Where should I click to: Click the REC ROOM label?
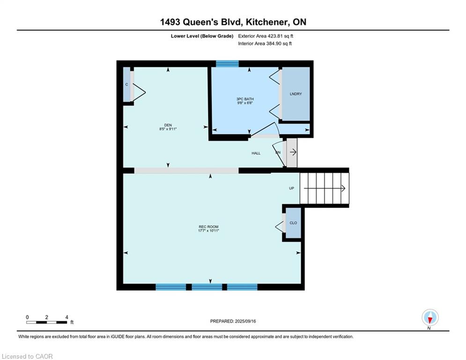point(208,227)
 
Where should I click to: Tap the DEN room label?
point(168,125)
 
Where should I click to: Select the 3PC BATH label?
point(245,99)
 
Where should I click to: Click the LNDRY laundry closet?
point(296,94)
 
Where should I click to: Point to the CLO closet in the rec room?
point(293,223)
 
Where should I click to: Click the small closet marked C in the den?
point(127,84)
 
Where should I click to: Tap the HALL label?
point(256,153)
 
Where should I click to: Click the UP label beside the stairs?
point(292,188)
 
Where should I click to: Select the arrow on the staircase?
point(324,188)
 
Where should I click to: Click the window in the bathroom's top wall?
point(227,64)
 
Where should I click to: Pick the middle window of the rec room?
point(207,287)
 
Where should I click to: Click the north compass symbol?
point(430,317)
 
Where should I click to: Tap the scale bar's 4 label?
point(67,317)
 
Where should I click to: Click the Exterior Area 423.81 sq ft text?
point(266,36)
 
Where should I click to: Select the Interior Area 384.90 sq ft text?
point(265,44)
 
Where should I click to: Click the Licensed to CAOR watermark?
point(27,356)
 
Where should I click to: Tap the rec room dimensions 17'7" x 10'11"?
point(208,231)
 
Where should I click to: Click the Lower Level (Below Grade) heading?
point(202,36)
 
